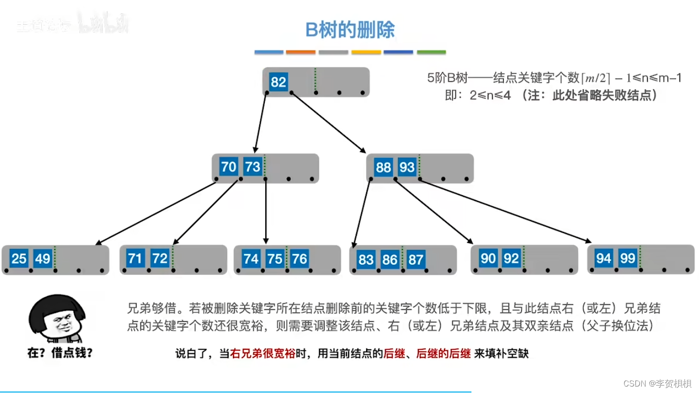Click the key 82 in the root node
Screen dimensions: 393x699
(x=279, y=82)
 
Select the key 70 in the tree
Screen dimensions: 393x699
(x=229, y=166)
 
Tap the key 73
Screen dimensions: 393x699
(x=252, y=166)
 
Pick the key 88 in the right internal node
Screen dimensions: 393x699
(x=384, y=167)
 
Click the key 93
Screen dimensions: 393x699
(x=407, y=167)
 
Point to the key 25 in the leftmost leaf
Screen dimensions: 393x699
(x=19, y=258)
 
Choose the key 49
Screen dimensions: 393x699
(x=43, y=258)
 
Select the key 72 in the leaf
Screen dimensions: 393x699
(x=160, y=258)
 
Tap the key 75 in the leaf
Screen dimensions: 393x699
(x=275, y=258)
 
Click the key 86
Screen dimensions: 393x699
(x=390, y=259)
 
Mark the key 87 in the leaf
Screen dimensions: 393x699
(x=415, y=259)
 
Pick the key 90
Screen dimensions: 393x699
(x=488, y=258)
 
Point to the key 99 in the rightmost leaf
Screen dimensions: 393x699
(x=628, y=258)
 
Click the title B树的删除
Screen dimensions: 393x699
(x=350, y=30)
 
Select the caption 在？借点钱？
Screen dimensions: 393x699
(x=60, y=353)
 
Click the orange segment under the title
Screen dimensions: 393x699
(x=301, y=52)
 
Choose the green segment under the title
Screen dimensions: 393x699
(x=431, y=52)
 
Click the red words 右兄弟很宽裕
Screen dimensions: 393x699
(x=263, y=354)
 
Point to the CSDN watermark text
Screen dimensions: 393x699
(x=657, y=384)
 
